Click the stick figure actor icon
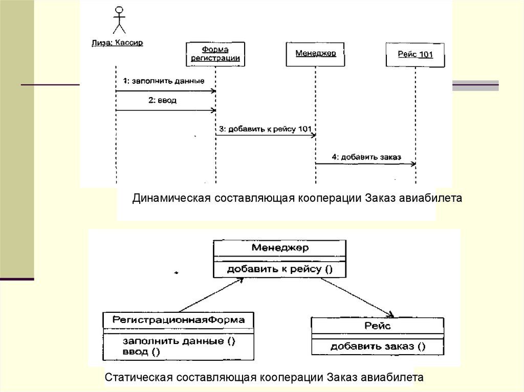119,20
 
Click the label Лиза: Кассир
117,43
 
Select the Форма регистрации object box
215,54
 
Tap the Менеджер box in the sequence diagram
315,53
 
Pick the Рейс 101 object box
415,55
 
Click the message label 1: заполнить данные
164,81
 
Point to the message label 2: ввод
162,101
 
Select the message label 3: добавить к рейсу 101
265,129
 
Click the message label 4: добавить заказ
366,157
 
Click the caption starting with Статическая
264,378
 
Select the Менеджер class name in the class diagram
279,248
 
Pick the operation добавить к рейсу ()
279,268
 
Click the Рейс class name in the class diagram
378,326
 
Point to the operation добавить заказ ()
378,346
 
